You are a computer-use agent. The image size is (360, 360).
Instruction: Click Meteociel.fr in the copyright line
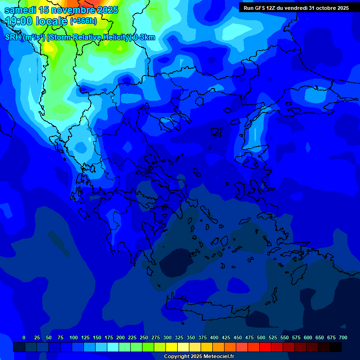pyautogui.click(x=216, y=357)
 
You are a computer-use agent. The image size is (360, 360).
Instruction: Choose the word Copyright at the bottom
pyautogui.click(x=178, y=357)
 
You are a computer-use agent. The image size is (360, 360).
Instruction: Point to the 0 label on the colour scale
pyautogui.click(x=24, y=338)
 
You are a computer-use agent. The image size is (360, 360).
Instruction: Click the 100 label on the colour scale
pyautogui.click(x=74, y=338)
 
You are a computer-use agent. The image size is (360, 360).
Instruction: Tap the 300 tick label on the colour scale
pyautogui.click(x=167, y=338)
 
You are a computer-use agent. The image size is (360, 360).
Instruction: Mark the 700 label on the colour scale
pyautogui.click(x=343, y=338)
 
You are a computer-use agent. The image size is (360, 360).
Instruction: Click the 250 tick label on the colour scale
pyautogui.click(x=144, y=338)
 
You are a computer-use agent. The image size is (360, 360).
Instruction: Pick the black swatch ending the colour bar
pyautogui.click(x=336, y=347)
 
